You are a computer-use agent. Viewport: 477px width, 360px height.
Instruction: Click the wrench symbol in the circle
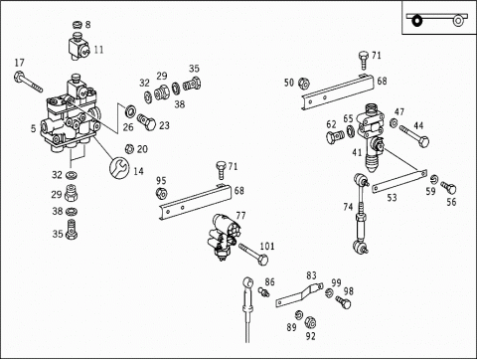[x=119, y=167]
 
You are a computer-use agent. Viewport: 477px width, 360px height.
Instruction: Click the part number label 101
[x=267, y=247]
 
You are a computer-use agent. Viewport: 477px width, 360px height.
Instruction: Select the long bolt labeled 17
[x=28, y=82]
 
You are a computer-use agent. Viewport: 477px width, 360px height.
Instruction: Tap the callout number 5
[x=33, y=128]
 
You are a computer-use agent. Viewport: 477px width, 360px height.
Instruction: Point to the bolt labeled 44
[x=414, y=136]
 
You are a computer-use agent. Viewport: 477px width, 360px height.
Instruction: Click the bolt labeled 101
[x=253, y=254]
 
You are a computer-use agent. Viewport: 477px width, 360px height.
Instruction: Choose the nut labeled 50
[x=303, y=83]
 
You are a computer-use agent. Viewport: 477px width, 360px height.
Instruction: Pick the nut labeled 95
[x=161, y=193]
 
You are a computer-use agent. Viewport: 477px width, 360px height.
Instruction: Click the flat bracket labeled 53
[x=399, y=182]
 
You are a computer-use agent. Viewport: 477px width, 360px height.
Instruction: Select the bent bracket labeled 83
[x=299, y=293]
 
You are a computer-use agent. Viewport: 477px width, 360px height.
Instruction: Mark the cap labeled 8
[x=78, y=25]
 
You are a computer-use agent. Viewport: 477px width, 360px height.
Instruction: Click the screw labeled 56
[x=449, y=188]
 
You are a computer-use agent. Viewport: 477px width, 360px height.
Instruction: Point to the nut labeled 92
[x=310, y=321]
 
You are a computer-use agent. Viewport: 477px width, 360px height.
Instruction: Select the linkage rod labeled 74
[x=361, y=214]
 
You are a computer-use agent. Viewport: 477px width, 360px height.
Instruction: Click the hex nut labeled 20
[x=129, y=149]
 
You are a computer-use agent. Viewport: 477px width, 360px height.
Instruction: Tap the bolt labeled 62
[x=336, y=136]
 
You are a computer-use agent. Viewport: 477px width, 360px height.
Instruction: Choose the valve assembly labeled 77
[x=224, y=237]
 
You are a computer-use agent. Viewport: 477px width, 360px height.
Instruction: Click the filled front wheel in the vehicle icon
[x=416, y=21]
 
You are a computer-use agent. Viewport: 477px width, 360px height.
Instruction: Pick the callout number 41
[x=357, y=153]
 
